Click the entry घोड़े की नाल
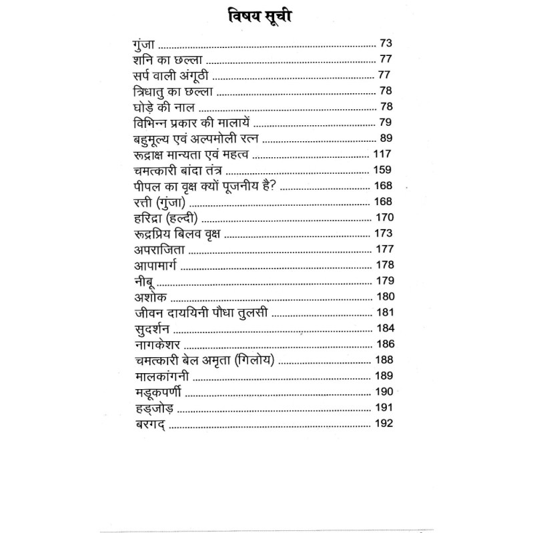(163, 107)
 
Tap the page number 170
(385, 218)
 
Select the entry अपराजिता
(157, 250)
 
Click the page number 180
(385, 297)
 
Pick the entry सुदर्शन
(151, 329)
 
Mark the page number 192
(385, 424)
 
